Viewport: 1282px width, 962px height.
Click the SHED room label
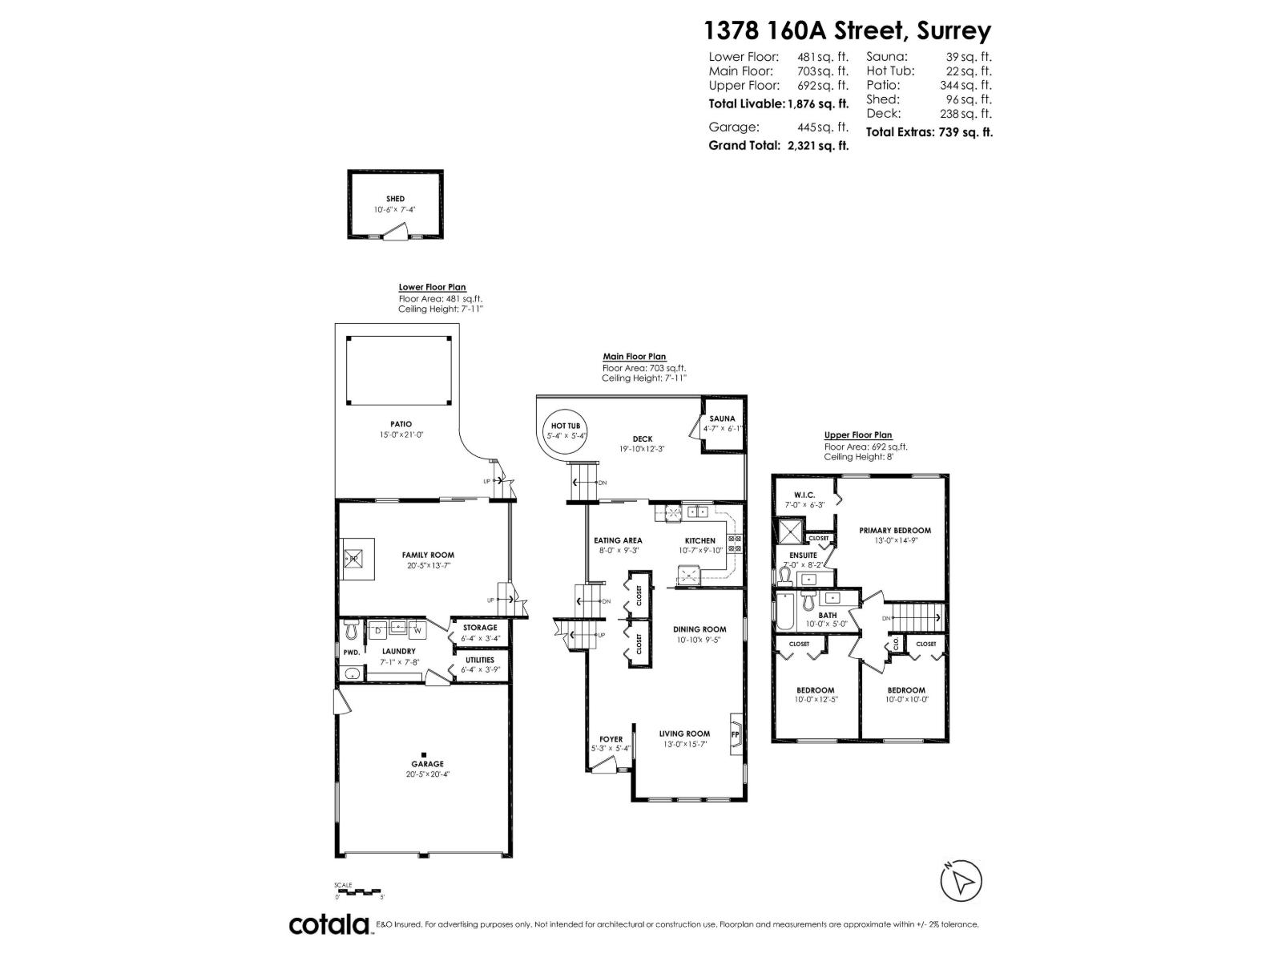[395, 199]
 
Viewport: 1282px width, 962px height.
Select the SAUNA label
[722, 418]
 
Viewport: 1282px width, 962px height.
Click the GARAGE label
[427, 764]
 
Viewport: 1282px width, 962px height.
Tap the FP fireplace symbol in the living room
[735, 734]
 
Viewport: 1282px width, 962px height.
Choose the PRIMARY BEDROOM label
[895, 531]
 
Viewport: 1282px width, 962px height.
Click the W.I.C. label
[804, 494]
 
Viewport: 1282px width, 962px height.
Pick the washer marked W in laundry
[417, 630]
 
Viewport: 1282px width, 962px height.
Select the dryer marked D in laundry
[377, 630]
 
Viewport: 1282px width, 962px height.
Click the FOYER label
[611, 739]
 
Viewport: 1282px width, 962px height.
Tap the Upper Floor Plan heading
[857, 435]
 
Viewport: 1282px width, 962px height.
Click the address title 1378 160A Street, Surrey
[847, 30]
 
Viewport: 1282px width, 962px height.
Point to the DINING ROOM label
[699, 629]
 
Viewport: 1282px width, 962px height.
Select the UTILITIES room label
[479, 660]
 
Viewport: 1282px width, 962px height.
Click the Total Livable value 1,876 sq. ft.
[818, 103]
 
